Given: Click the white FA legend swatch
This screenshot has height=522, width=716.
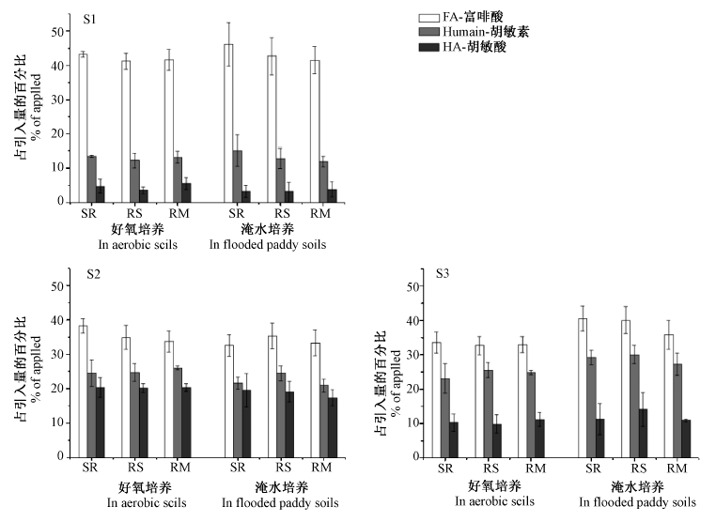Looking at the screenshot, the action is point(428,18).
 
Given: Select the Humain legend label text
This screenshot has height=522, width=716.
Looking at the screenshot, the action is point(486,32).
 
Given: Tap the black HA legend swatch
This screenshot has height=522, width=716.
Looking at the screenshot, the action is point(428,47).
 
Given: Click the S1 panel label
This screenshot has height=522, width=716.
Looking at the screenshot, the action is point(89,20).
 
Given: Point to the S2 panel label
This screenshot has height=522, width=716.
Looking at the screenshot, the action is point(93,274).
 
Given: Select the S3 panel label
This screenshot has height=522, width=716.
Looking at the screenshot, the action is point(443,273).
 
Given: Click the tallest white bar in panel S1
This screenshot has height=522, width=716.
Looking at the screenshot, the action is point(228,123).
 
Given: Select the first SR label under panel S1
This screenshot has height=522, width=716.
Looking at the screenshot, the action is point(89,213).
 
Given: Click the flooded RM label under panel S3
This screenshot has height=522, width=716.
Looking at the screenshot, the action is point(677,468).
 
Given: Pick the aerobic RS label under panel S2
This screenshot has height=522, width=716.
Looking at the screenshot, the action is point(135,468).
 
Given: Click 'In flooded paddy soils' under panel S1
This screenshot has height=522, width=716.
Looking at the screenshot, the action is point(268,245).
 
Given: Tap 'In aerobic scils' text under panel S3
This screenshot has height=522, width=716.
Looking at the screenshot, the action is point(494,501).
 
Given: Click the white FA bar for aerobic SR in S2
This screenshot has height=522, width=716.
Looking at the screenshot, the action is point(83,391).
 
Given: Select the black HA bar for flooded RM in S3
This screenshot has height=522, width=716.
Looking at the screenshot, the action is point(686,438).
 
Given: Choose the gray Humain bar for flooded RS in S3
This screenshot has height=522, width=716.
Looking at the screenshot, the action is point(634,407).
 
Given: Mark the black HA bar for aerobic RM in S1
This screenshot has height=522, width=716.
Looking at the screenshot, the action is point(186,193).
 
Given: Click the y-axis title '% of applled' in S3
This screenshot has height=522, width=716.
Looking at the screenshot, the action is point(396,383).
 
